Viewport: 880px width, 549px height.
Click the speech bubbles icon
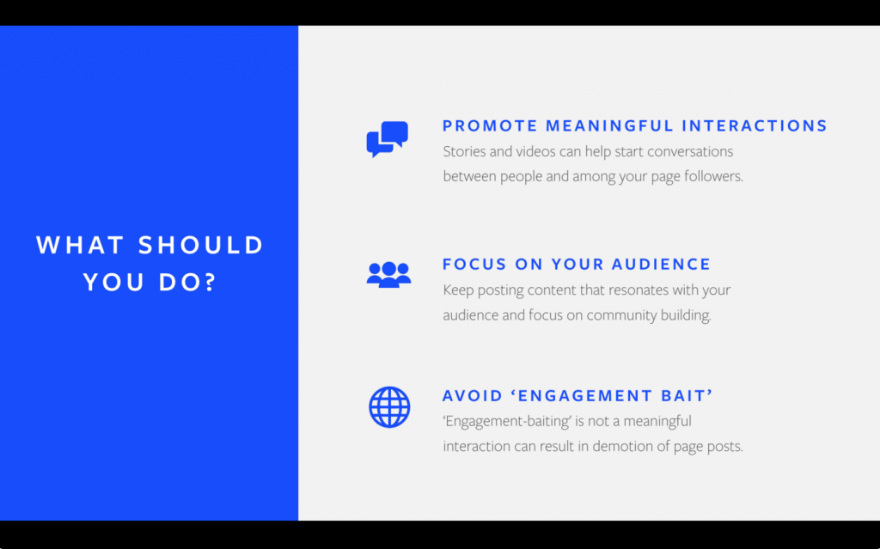(x=388, y=138)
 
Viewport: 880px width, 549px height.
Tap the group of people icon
(x=389, y=275)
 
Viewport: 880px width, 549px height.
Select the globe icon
(x=389, y=407)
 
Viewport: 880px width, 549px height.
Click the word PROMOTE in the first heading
(x=490, y=125)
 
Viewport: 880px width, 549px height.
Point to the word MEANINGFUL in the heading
(x=609, y=125)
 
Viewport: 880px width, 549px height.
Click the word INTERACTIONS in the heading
(x=755, y=125)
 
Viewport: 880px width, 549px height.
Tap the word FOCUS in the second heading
(x=474, y=265)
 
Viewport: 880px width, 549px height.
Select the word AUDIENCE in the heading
(x=661, y=265)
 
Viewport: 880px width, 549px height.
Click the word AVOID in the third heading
(x=472, y=396)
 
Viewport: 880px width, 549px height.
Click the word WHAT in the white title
(x=80, y=246)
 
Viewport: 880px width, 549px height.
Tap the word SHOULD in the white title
(x=201, y=246)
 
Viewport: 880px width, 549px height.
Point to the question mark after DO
(x=211, y=282)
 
